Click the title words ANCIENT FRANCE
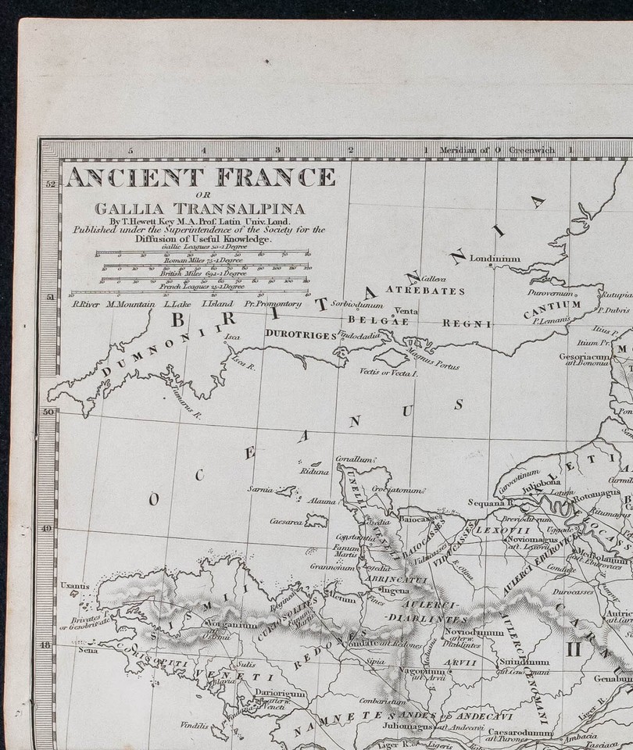pyautogui.click(x=200, y=178)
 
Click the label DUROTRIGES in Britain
pyautogui.click(x=301, y=334)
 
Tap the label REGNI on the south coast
pyautogui.click(x=467, y=323)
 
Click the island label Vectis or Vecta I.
pyautogui.click(x=389, y=374)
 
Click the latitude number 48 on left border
pyautogui.click(x=47, y=645)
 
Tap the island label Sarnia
pyautogui.click(x=259, y=489)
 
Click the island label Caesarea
pyautogui.click(x=286, y=521)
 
